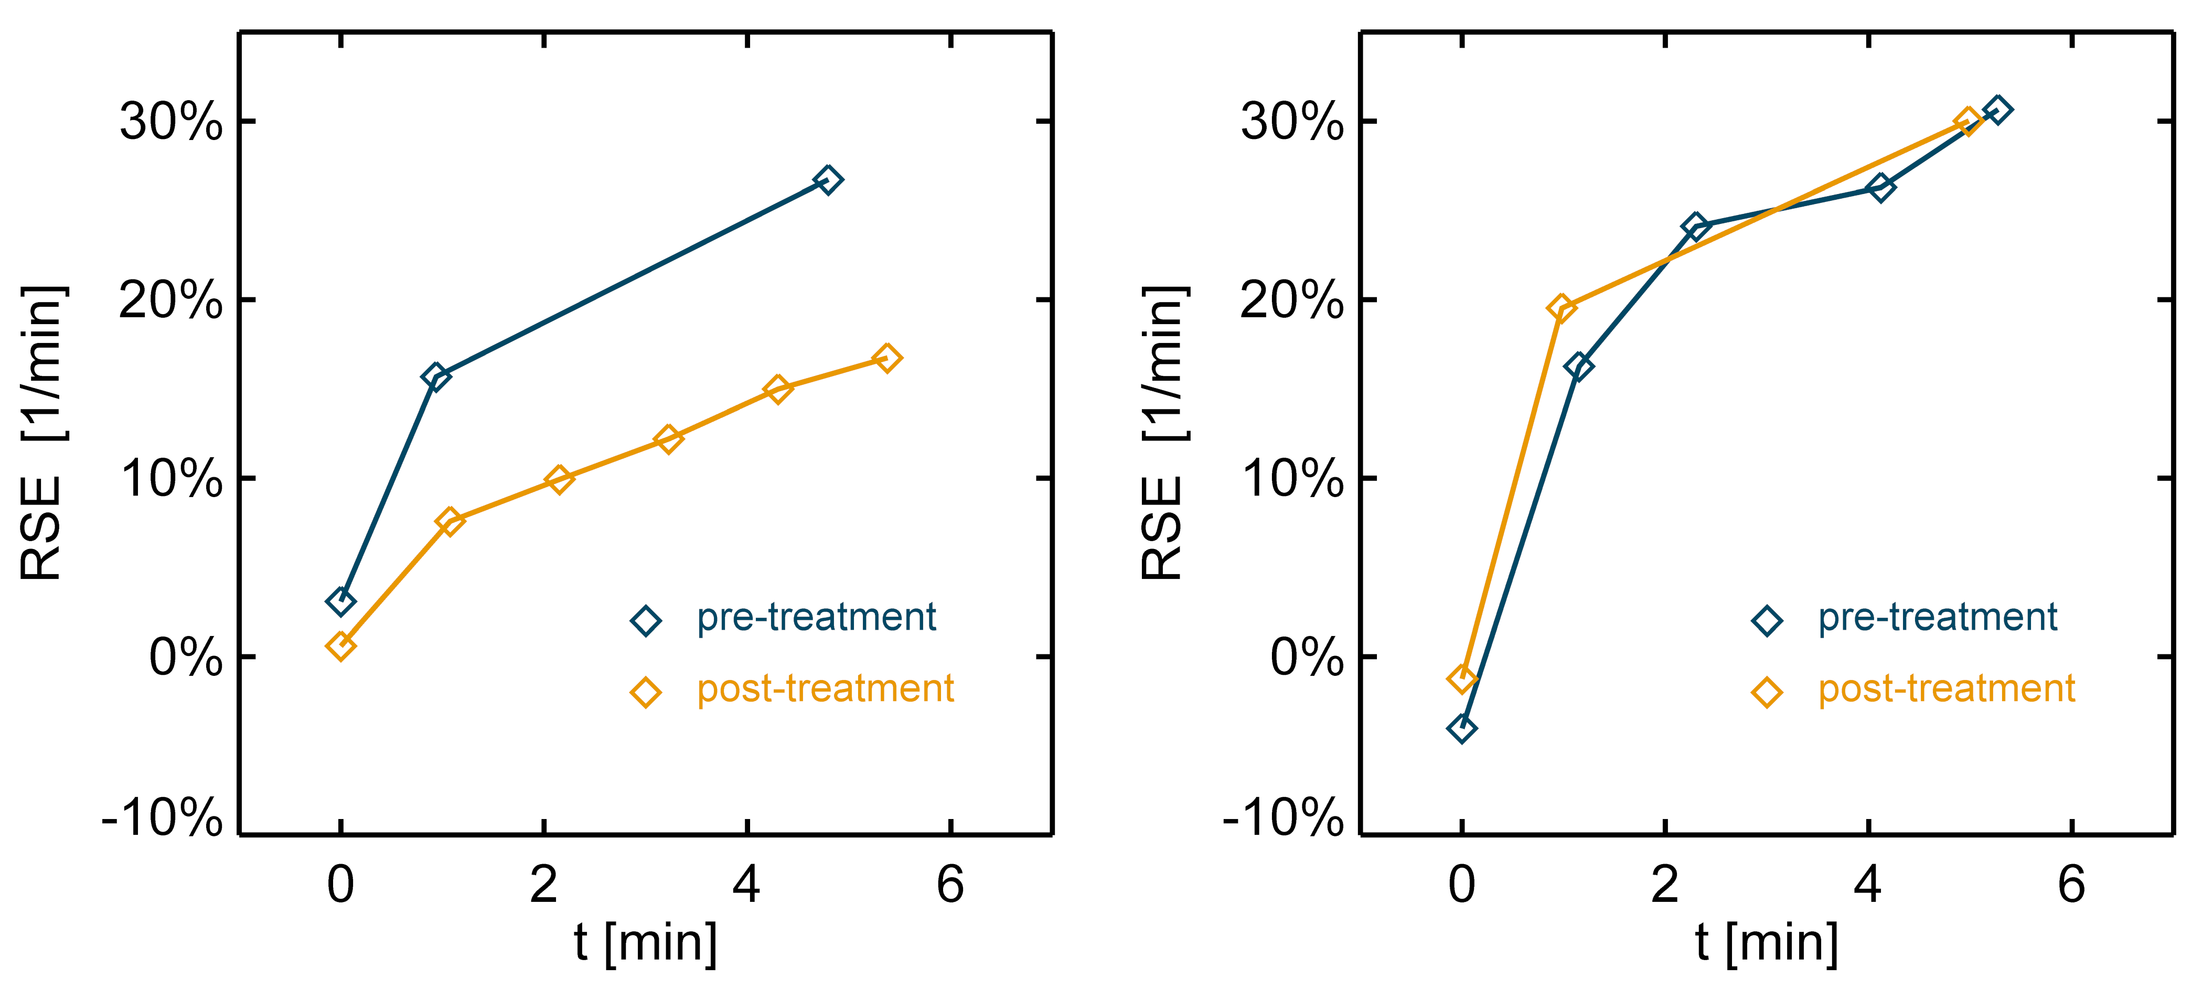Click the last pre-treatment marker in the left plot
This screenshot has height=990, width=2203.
(x=827, y=179)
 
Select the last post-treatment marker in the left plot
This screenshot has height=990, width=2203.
(x=887, y=358)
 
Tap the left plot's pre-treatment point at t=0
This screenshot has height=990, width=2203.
(x=340, y=602)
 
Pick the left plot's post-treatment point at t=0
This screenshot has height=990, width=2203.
(x=340, y=647)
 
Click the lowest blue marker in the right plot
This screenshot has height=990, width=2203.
(x=1461, y=728)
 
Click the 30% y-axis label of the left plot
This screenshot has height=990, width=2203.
(x=171, y=122)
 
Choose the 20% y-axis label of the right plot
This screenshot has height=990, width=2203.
(x=1291, y=300)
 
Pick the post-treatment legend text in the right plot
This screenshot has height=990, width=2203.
(x=1947, y=689)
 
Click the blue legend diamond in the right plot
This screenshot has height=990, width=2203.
(x=1767, y=620)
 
